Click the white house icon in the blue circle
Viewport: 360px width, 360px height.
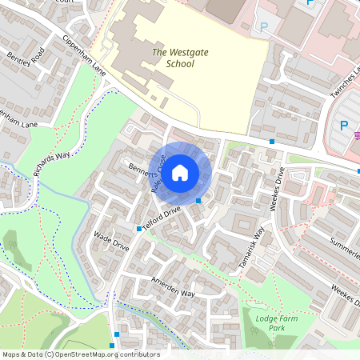pos(180,172)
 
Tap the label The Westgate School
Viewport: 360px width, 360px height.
pos(174,58)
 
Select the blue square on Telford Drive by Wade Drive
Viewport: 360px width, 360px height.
pos(139,229)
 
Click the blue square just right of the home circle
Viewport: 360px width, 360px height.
pos(198,200)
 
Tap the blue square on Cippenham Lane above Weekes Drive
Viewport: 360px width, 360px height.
pos(273,142)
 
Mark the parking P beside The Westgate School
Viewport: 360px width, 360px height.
pos(264,27)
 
